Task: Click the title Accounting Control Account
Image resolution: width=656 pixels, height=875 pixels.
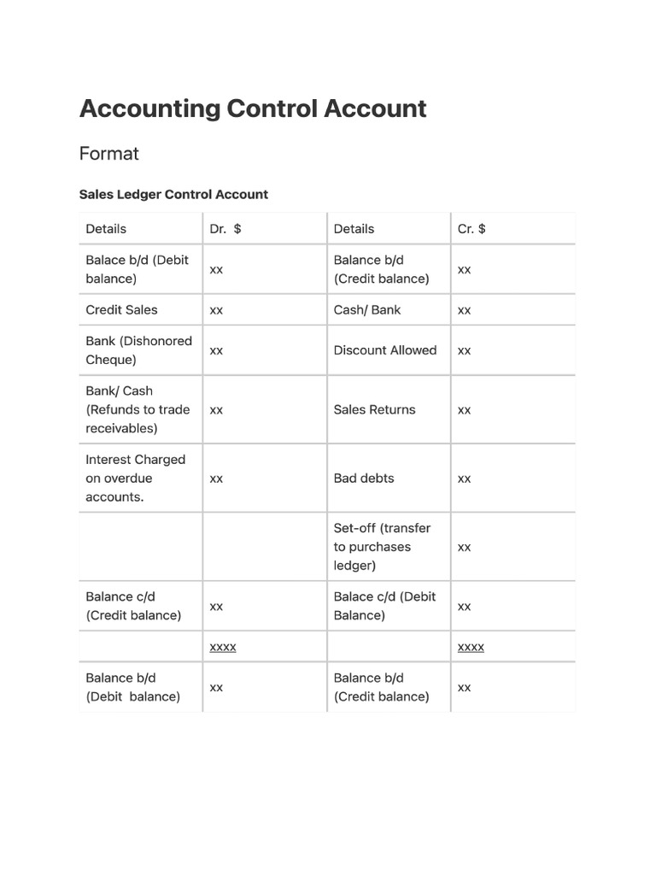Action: click(253, 109)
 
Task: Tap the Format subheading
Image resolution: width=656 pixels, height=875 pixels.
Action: click(108, 154)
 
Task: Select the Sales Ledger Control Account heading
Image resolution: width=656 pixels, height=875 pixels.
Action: click(173, 194)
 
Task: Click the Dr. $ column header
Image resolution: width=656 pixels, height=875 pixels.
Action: click(225, 229)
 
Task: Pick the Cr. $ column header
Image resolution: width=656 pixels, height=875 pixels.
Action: click(471, 229)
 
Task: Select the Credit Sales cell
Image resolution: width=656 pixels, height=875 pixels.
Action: click(121, 310)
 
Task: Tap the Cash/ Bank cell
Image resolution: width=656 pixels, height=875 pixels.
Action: click(366, 310)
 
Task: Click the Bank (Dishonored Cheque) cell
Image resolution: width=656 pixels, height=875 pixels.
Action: click(138, 350)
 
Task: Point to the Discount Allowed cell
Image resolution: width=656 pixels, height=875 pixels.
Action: click(384, 350)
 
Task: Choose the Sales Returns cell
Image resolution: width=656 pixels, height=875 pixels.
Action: click(374, 410)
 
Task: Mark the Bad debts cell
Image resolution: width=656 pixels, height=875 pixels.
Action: click(364, 479)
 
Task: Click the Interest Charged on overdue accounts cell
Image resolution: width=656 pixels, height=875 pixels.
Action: click(135, 479)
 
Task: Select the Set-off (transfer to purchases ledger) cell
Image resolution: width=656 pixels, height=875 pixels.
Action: click(382, 547)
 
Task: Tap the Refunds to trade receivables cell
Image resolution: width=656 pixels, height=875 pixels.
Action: click(137, 410)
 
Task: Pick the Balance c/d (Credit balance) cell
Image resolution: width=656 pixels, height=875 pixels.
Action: click(133, 606)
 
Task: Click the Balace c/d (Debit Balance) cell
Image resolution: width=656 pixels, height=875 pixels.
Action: click(384, 606)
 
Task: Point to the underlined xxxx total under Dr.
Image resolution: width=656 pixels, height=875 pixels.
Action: click(223, 648)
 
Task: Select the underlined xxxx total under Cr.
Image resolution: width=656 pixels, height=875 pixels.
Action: click(471, 648)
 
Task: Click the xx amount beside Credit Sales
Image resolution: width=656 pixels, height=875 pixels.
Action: click(216, 310)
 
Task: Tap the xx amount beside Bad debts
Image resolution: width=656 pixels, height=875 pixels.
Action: click(464, 479)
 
